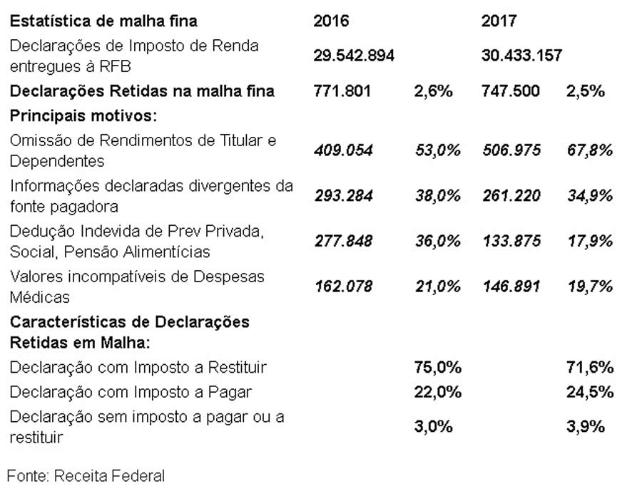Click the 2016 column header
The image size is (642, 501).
tap(331, 21)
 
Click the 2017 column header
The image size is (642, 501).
tap(499, 21)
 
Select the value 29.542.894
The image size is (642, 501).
tap(354, 56)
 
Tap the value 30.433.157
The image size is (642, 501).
tap(521, 56)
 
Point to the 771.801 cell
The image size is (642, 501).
tap(342, 91)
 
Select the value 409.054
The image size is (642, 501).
tap(343, 150)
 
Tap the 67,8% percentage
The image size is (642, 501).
tap(590, 150)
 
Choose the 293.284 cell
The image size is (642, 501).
tap(343, 196)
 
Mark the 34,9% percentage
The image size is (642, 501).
tap(590, 196)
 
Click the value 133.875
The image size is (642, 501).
tap(511, 241)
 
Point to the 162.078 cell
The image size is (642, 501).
tap(343, 286)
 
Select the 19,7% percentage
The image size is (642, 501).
tap(590, 286)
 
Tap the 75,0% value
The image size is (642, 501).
tap(438, 368)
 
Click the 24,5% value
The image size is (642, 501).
tap(590, 392)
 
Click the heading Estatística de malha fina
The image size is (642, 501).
tap(103, 21)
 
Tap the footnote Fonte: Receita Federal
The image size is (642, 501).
tap(86, 475)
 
